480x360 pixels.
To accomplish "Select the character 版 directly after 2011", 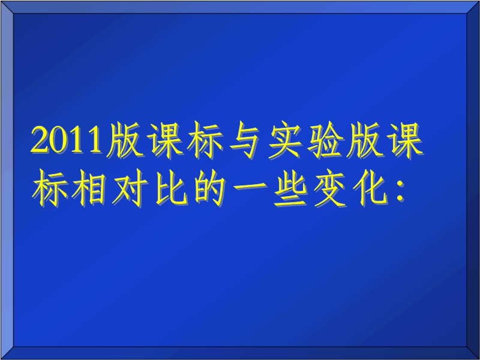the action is (125, 140).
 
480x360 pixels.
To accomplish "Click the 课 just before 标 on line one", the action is (164, 140).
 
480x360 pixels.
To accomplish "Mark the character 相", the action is (89, 188).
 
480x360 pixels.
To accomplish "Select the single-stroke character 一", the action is (250, 187).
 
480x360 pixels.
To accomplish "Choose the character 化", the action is (370, 188).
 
